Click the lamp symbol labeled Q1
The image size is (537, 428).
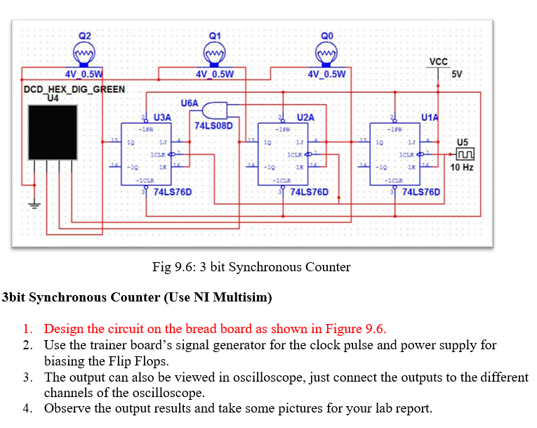tap(215, 53)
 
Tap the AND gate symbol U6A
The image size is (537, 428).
tap(215, 110)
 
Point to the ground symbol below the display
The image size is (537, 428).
tap(31, 206)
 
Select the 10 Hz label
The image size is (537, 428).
tap(462, 168)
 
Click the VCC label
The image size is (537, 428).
tap(438, 62)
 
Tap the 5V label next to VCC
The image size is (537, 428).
tap(457, 74)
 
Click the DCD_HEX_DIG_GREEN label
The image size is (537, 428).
tap(74, 89)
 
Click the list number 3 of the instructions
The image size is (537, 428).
tap(26, 377)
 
